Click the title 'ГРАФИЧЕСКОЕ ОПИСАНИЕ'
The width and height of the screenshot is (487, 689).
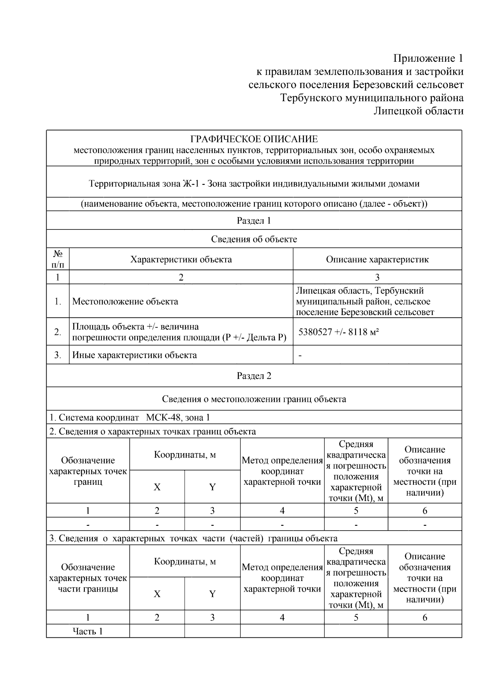pos(254,139)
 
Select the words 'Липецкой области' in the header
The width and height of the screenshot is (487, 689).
pos(418,111)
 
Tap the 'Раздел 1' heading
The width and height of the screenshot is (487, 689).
pos(254,220)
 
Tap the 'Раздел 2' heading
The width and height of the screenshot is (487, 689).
pos(254,376)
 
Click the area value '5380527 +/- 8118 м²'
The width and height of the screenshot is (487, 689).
pos(339,332)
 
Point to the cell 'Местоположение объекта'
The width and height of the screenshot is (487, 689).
pos(125,301)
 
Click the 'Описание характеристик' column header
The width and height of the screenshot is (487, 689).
pos(377,259)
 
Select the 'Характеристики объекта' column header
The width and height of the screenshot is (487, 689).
pos(181,259)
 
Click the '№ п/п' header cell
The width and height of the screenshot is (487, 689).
pos(58,259)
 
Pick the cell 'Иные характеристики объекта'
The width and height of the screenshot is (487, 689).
pos(134,355)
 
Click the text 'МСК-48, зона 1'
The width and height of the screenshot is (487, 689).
pos(178,417)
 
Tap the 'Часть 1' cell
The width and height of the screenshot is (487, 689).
pos(88,631)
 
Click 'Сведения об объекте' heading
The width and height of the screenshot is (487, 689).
pos(254,239)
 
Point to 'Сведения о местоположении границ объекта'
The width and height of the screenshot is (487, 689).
pos(254,399)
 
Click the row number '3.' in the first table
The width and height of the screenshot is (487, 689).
pos(58,355)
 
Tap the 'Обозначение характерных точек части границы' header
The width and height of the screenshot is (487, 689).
pos(88,578)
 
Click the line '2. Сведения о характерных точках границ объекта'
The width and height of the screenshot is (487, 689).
pos(153,431)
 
